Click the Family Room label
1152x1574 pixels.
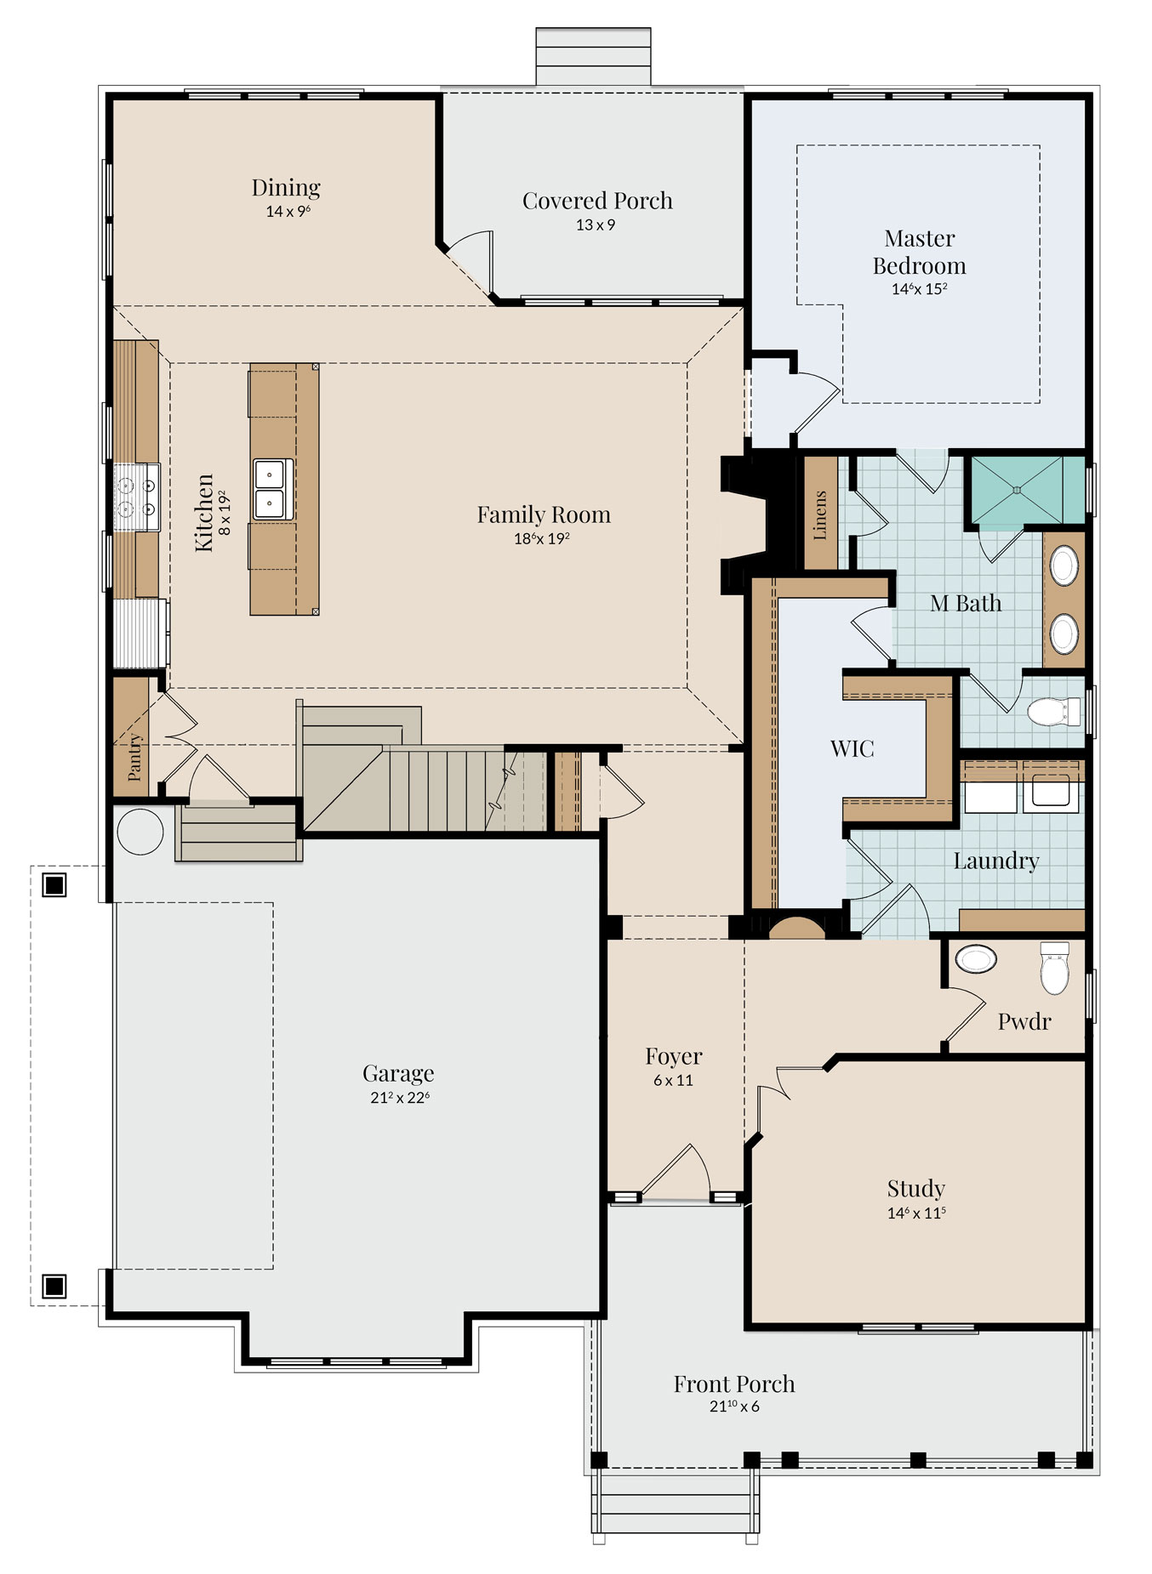(544, 514)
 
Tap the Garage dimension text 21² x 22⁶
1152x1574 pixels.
(399, 1097)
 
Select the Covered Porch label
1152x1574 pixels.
(597, 201)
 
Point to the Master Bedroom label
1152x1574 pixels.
(919, 252)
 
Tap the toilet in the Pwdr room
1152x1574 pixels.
(1054, 967)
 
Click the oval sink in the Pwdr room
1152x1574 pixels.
(976, 958)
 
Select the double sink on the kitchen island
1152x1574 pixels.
(273, 489)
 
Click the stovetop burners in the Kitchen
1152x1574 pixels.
(137, 497)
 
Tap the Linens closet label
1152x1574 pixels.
(820, 514)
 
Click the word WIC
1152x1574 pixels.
(852, 748)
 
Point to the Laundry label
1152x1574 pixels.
(996, 861)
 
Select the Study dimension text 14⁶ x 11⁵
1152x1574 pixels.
(916, 1213)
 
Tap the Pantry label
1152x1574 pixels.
(134, 757)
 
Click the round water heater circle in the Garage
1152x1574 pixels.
(140, 831)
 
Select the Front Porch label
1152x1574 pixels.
(734, 1384)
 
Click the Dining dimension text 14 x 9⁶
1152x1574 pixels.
(288, 211)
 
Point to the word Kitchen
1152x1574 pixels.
(204, 513)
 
